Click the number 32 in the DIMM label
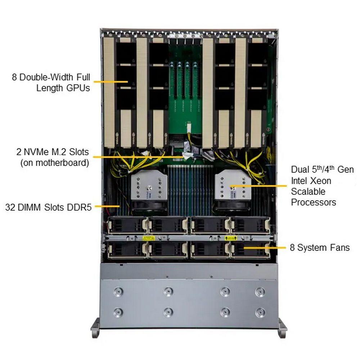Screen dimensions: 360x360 click(10, 207)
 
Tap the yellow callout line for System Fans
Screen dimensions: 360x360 click(265, 248)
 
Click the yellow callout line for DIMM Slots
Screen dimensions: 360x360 click(107, 206)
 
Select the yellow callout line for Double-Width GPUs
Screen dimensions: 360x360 click(111, 81)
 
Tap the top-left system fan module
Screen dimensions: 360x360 click(128, 225)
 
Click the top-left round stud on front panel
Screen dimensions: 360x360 click(118, 292)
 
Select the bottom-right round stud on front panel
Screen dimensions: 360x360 click(260, 312)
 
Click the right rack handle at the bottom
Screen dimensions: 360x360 click(283, 328)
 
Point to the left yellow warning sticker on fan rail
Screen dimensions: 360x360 click(149, 238)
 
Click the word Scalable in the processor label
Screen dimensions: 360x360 click(308, 192)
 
